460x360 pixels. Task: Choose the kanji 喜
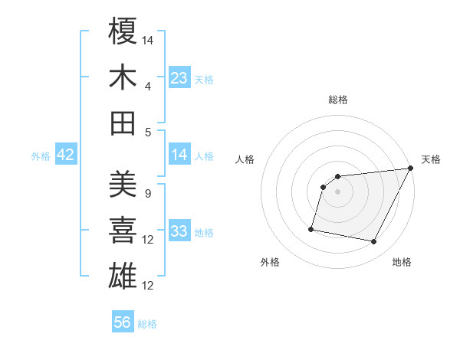click(123, 231)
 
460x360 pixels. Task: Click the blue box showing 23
click(179, 78)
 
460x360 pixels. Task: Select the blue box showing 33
click(179, 231)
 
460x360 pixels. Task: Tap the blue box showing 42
click(66, 155)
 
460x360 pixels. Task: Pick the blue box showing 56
click(123, 322)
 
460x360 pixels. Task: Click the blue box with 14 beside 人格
click(179, 155)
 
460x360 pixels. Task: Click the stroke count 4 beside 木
click(147, 86)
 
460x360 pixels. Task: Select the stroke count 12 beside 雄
click(149, 286)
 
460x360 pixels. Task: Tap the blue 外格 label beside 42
click(41, 155)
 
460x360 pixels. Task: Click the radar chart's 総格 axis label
click(338, 100)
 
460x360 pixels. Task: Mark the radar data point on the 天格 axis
click(412, 169)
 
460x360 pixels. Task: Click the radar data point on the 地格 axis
click(374, 242)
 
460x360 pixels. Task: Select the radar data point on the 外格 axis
click(311, 228)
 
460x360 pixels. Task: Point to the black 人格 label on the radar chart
click(245, 159)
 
